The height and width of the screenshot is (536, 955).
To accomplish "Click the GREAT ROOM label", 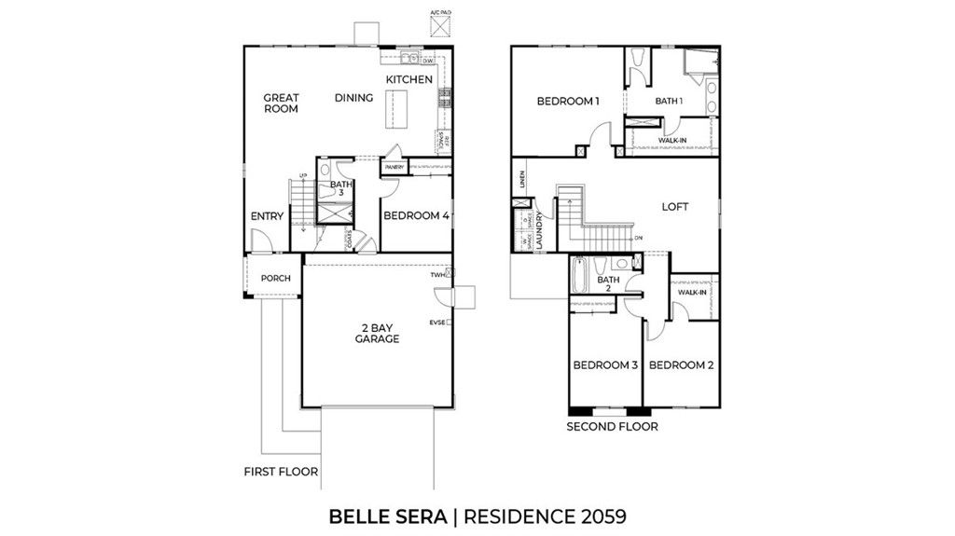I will point(280,103).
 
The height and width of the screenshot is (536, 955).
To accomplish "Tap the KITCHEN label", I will point(409,79).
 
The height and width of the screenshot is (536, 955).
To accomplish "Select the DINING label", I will point(353,98).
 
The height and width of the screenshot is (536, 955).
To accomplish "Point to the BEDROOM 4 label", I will point(416,215).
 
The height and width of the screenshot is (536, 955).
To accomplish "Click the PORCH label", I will point(275,278).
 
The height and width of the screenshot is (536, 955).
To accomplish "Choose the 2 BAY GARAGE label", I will point(377,333).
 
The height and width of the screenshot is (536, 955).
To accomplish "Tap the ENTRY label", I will point(267,216).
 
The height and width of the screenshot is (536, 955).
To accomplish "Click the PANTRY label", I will point(394,168).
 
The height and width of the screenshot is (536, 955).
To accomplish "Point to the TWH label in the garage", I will point(436,276).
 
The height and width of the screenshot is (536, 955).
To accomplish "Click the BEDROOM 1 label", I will point(567,101).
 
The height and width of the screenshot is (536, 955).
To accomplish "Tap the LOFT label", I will point(674,207).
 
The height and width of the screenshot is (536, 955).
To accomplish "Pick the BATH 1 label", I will point(669,101).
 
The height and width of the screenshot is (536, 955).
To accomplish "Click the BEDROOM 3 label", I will point(604,365).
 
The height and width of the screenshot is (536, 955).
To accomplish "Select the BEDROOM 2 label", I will point(681,365).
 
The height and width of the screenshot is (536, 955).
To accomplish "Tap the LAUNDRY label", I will point(540,228).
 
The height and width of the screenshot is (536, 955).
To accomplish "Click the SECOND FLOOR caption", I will point(612,427).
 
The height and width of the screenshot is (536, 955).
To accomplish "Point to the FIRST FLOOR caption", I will point(281,472).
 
